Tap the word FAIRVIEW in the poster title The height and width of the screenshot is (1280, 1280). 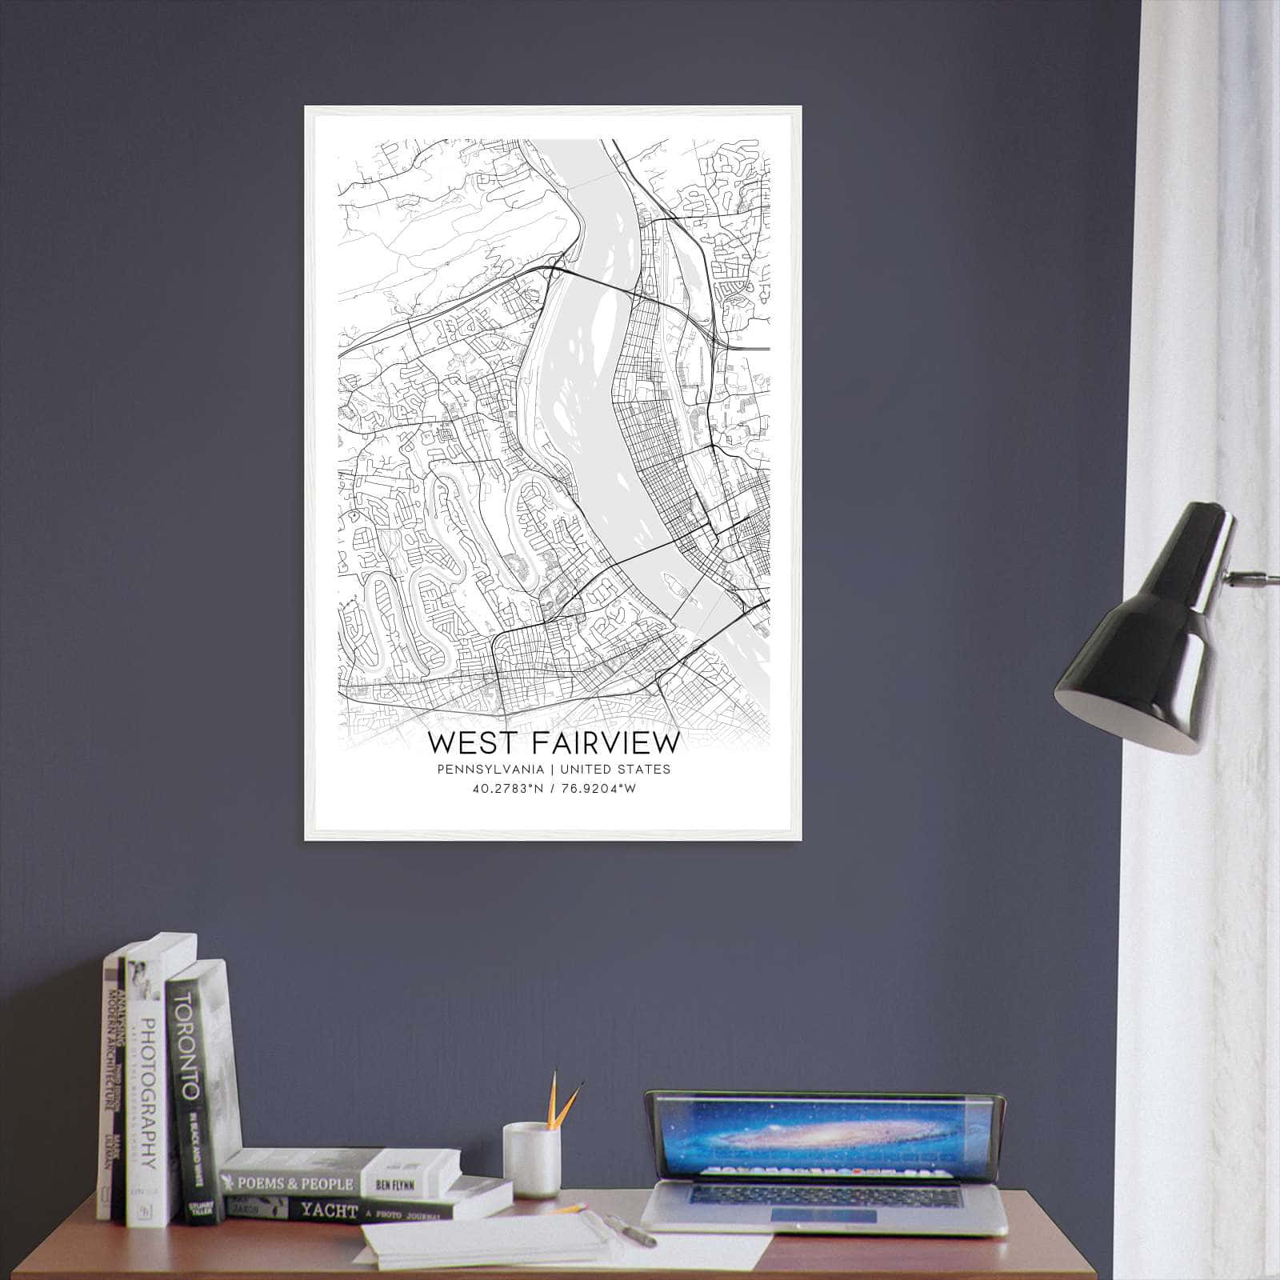(x=605, y=742)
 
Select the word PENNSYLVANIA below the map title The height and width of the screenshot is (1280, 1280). (x=490, y=770)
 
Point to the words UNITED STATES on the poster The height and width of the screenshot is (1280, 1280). (x=615, y=770)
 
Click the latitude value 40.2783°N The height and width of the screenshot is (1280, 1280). (x=504, y=789)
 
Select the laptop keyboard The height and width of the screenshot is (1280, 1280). (x=824, y=1197)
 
